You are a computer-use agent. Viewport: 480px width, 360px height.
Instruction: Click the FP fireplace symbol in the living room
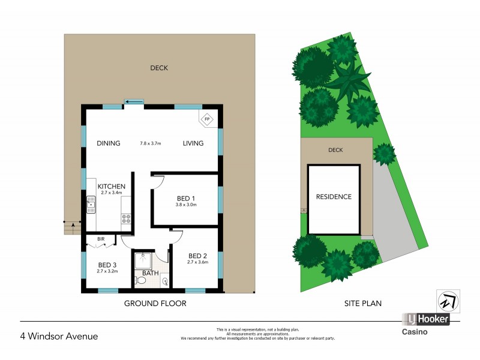point(208,119)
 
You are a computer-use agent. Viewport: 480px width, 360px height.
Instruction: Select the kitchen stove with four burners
point(126,219)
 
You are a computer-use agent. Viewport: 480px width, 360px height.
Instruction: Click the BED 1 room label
point(186,199)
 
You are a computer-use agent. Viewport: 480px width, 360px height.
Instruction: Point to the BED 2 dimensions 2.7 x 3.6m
point(197,262)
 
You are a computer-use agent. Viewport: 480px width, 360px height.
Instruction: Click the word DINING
point(109,143)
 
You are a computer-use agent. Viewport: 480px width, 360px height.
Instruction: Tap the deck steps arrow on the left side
point(72,226)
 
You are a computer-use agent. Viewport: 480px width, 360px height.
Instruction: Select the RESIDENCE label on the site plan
point(334,197)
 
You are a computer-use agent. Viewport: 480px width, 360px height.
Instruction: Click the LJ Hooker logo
point(425,320)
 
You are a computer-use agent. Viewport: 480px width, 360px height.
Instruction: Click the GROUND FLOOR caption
point(155,304)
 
